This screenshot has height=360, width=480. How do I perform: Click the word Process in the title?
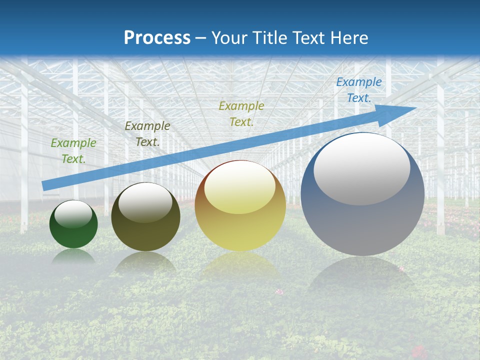click(157, 38)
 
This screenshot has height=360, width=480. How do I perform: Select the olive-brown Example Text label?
click(147, 134)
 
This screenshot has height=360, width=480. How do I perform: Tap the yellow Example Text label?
click(241, 113)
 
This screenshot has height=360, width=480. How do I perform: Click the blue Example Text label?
click(359, 90)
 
